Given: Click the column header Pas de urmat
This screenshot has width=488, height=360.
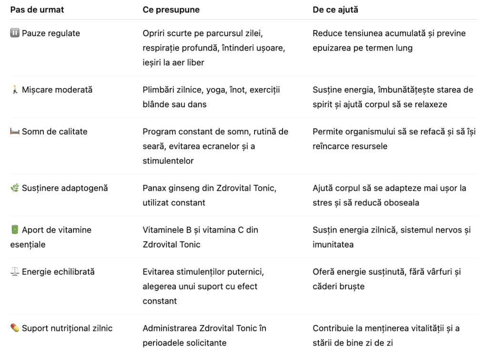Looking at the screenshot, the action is [37, 10].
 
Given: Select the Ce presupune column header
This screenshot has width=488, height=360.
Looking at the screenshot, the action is [171, 10].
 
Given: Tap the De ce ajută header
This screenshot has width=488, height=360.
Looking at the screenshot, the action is [335, 10].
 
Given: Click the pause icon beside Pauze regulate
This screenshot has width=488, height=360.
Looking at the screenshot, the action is [14, 33].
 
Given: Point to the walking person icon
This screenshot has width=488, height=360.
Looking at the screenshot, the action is [14, 90].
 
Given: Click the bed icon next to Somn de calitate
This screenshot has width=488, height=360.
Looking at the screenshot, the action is [15, 132].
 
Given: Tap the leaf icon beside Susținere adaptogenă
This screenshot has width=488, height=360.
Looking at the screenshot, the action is [15, 188].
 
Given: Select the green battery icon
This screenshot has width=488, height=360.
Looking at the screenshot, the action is [15, 230].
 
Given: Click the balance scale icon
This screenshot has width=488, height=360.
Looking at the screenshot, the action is [15, 272].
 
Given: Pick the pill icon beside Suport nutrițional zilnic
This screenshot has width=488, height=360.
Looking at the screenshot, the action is [15, 328].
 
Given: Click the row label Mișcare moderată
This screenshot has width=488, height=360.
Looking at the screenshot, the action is [57, 90].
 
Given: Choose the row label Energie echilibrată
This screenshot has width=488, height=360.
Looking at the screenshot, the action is [58, 272].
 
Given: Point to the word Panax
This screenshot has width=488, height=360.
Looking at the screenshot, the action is [154, 188].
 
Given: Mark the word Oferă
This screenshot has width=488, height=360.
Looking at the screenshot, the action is [324, 272].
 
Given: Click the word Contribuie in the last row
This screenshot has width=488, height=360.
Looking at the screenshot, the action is [333, 328].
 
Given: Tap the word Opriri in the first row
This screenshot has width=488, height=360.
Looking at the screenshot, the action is [154, 33].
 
